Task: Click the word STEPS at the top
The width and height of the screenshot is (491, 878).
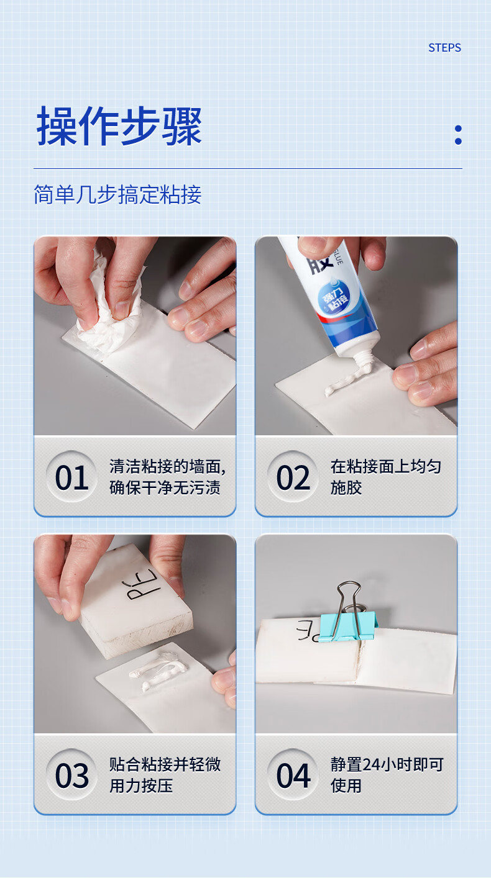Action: (444, 48)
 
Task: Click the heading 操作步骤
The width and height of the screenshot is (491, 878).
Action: (119, 126)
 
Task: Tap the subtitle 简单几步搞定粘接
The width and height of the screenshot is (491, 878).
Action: (117, 194)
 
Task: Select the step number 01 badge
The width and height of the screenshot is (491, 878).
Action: (71, 477)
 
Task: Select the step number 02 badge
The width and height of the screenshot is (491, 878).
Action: (293, 477)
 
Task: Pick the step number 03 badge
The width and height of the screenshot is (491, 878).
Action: (71, 775)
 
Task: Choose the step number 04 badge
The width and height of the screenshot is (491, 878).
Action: (293, 775)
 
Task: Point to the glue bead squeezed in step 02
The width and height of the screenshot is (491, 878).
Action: (347, 380)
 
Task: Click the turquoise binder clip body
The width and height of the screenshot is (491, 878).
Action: (347, 627)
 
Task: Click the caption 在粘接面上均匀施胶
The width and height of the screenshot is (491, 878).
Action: (386, 477)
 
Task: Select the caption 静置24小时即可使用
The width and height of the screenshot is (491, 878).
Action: (387, 775)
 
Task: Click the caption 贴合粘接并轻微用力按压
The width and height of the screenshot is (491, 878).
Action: (165, 775)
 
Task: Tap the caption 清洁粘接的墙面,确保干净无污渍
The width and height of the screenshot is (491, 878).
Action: (167, 477)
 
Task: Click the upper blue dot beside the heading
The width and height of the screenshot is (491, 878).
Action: (458, 129)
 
